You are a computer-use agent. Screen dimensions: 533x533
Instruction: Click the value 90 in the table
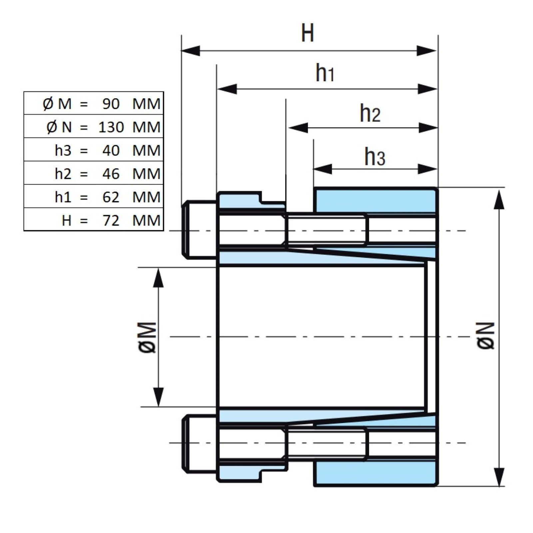111,104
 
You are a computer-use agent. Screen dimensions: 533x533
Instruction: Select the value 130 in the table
111,127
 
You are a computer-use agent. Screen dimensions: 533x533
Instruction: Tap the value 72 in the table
111,221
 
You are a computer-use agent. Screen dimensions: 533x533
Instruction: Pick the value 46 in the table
111,174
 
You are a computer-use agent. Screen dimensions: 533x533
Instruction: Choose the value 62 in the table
111,197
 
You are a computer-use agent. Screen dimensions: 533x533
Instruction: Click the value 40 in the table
111,151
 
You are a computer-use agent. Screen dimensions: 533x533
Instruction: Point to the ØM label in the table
57,104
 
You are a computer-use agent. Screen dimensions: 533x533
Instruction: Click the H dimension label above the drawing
307,33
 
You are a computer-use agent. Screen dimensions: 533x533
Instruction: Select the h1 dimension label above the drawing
325,73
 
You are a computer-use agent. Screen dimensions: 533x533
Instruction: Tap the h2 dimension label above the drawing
370,113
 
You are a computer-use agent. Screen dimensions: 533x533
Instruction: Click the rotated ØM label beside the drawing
148,337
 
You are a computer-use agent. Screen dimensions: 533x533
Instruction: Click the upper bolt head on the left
199,230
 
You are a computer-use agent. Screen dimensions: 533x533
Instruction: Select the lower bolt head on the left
199,444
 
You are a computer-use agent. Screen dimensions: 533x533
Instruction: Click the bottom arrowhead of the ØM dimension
158,397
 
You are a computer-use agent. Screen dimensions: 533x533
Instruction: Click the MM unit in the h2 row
147,174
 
